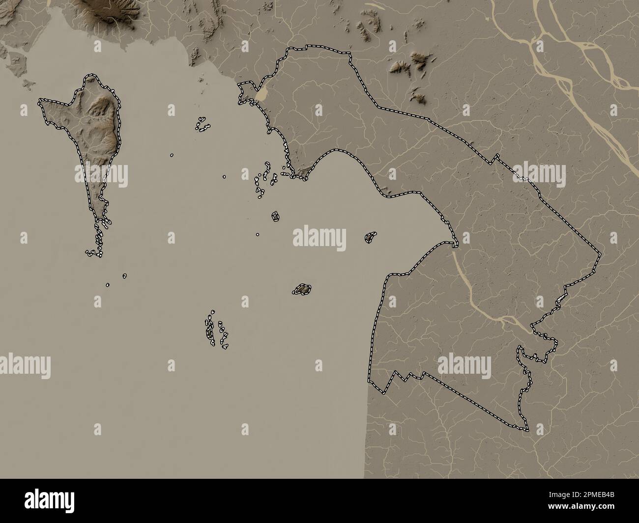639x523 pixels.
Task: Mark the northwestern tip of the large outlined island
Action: point(40,102)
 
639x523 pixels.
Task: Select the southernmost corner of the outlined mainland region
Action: point(527,431)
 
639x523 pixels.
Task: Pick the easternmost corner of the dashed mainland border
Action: point(601,255)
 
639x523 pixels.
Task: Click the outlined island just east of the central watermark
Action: point(371,237)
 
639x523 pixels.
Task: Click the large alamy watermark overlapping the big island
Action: point(101,175)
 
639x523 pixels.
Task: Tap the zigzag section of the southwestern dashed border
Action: point(403,379)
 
